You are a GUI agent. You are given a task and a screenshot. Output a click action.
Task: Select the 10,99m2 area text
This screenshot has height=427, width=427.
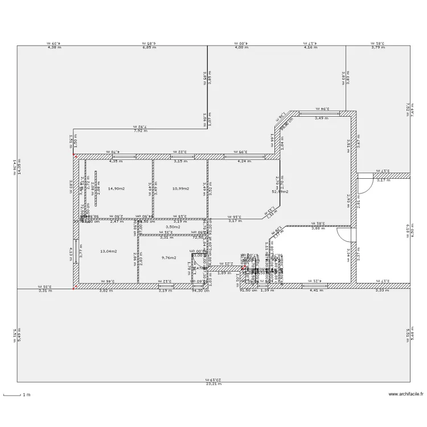pos(180,188)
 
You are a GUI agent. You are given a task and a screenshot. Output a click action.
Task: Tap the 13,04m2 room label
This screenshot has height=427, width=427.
pos(109,251)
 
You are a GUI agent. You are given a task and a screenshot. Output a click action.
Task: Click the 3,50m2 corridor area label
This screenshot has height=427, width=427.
pos(173,227)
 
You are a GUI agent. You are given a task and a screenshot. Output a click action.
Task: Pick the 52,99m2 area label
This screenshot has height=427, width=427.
pos(280,192)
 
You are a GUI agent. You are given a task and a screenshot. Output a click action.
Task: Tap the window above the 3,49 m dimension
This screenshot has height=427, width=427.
pos(323,114)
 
